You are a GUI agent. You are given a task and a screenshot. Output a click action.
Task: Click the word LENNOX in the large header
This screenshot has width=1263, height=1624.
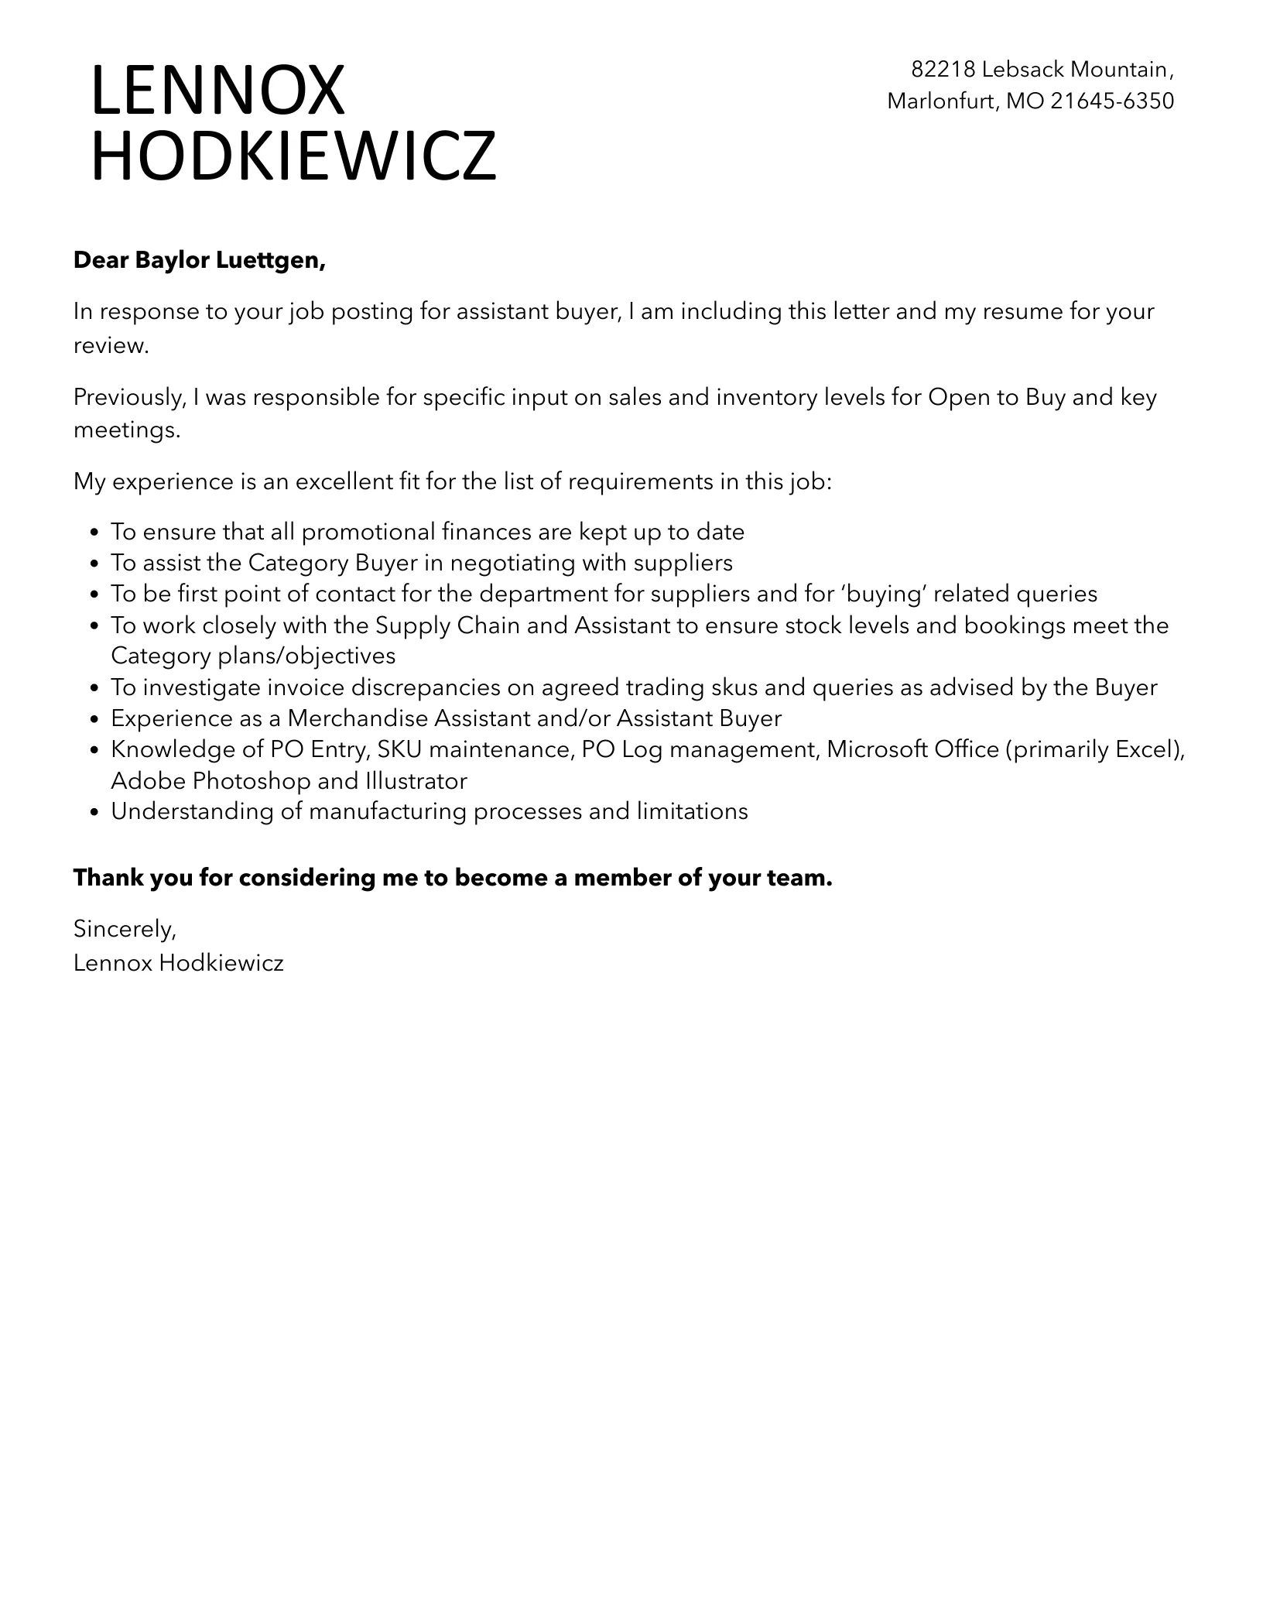click(x=217, y=91)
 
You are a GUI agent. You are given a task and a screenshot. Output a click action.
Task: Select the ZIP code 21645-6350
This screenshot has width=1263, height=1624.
click(x=1112, y=101)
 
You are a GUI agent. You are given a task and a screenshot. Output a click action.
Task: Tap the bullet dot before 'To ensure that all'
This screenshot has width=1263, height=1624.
click(x=95, y=533)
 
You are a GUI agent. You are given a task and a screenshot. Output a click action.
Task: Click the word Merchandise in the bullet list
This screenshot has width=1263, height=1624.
click(x=358, y=718)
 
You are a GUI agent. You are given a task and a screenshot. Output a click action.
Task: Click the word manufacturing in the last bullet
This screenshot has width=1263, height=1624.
click(x=387, y=811)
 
